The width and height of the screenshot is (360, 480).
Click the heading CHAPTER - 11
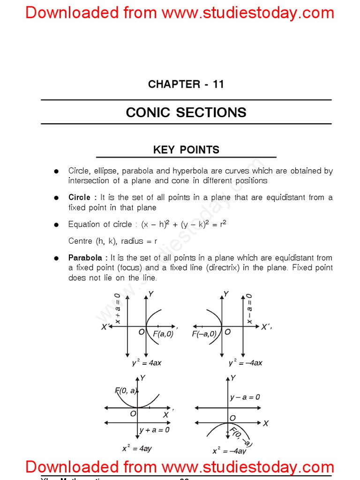click(186, 84)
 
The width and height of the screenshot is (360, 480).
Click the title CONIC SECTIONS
click(186, 112)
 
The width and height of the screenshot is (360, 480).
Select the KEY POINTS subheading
click(186, 150)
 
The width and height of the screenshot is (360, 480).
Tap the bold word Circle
click(79, 197)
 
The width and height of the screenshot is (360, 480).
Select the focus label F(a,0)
click(163, 334)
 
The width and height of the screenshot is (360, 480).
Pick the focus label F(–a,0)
click(204, 334)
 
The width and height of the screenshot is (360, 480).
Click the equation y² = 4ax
click(147, 363)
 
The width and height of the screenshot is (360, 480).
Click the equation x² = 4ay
click(137, 448)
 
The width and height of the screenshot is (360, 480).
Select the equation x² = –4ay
click(229, 450)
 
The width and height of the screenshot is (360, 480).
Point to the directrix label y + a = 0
click(155, 429)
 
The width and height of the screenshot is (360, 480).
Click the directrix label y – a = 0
click(245, 397)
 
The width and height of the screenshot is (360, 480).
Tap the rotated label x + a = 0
click(118, 308)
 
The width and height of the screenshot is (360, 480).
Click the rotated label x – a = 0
click(249, 309)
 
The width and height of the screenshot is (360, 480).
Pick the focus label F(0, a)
click(126, 390)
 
